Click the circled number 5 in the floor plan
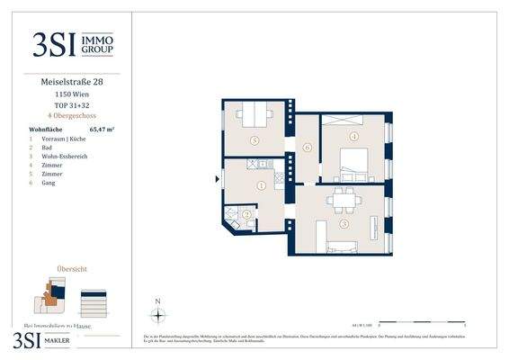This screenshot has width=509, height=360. click(255, 140)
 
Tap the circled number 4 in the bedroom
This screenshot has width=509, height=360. click(354, 137)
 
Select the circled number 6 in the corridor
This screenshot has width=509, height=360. click(307, 147)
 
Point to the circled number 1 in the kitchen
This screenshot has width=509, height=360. click(261, 186)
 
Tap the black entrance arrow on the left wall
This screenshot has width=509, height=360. click(218, 179)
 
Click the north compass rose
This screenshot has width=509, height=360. click(157, 314)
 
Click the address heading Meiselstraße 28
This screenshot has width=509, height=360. click(71, 84)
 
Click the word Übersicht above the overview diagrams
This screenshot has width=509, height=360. click(71, 268)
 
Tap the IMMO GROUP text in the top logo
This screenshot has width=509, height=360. click(96, 46)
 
